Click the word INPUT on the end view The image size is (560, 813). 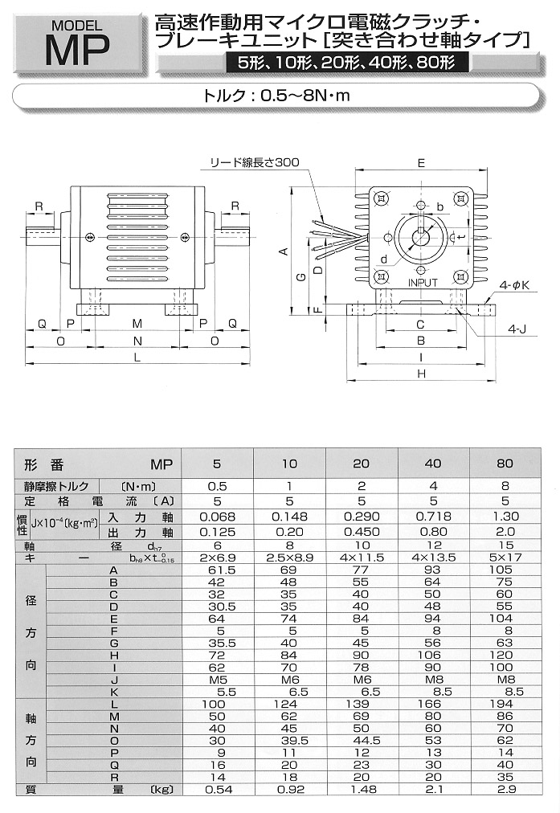423,283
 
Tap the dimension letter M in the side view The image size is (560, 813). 137,323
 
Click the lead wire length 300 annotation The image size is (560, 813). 254,162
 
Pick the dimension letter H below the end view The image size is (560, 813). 420,373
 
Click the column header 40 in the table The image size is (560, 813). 434,464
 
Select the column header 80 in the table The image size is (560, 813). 506,464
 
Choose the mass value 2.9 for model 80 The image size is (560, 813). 506,791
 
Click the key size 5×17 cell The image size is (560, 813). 506,557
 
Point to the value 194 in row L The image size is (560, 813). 506,704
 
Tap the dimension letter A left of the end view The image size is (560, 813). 283,251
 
